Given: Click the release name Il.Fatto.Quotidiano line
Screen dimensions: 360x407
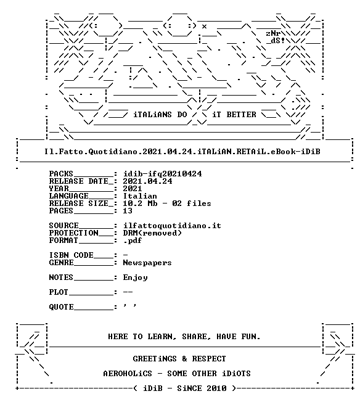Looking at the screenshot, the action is pyautogui.click(x=182, y=152).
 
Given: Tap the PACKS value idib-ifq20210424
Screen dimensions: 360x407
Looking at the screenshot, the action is pyautogui.click(x=162, y=174).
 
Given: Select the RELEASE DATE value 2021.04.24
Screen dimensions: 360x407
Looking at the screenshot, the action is pyautogui.click(x=147, y=181).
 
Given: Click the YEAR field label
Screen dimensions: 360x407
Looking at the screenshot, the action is pyautogui.click(x=59, y=189).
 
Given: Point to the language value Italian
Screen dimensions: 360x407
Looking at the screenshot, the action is pyautogui.click(x=140, y=196).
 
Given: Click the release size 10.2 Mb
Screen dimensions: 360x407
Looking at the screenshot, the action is pyautogui.click(x=140, y=203).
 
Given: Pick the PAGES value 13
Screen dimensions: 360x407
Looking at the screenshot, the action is pyautogui.click(x=128, y=210).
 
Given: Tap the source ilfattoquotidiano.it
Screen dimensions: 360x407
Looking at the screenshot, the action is pyautogui.click(x=172, y=226).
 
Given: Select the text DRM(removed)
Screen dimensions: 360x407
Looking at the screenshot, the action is pyautogui.click(x=152, y=233).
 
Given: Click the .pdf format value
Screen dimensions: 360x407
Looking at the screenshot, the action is pyautogui.click(x=133, y=240).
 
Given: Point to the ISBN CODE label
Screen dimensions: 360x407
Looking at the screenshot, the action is pyautogui.click(x=72, y=255).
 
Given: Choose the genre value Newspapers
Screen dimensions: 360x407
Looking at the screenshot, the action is pyautogui.click(x=147, y=263).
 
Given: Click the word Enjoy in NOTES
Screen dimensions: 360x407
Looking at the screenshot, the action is pyautogui.click(x=135, y=277).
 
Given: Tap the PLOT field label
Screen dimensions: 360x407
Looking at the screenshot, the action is pyautogui.click(x=59, y=292).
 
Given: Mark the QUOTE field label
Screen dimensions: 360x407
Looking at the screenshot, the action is pyautogui.click(x=61, y=307).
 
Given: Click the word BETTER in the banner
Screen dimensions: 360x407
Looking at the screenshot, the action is pyautogui.click(x=241, y=115).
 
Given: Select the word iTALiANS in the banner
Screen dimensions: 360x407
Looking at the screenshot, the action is pyautogui.click(x=153, y=115).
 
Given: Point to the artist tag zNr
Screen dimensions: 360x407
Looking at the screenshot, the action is pyautogui.click(x=273, y=33).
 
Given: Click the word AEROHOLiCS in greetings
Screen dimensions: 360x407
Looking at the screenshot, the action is pyautogui.click(x=128, y=374).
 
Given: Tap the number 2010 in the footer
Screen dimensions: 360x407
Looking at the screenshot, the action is pyautogui.click(x=216, y=388).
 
